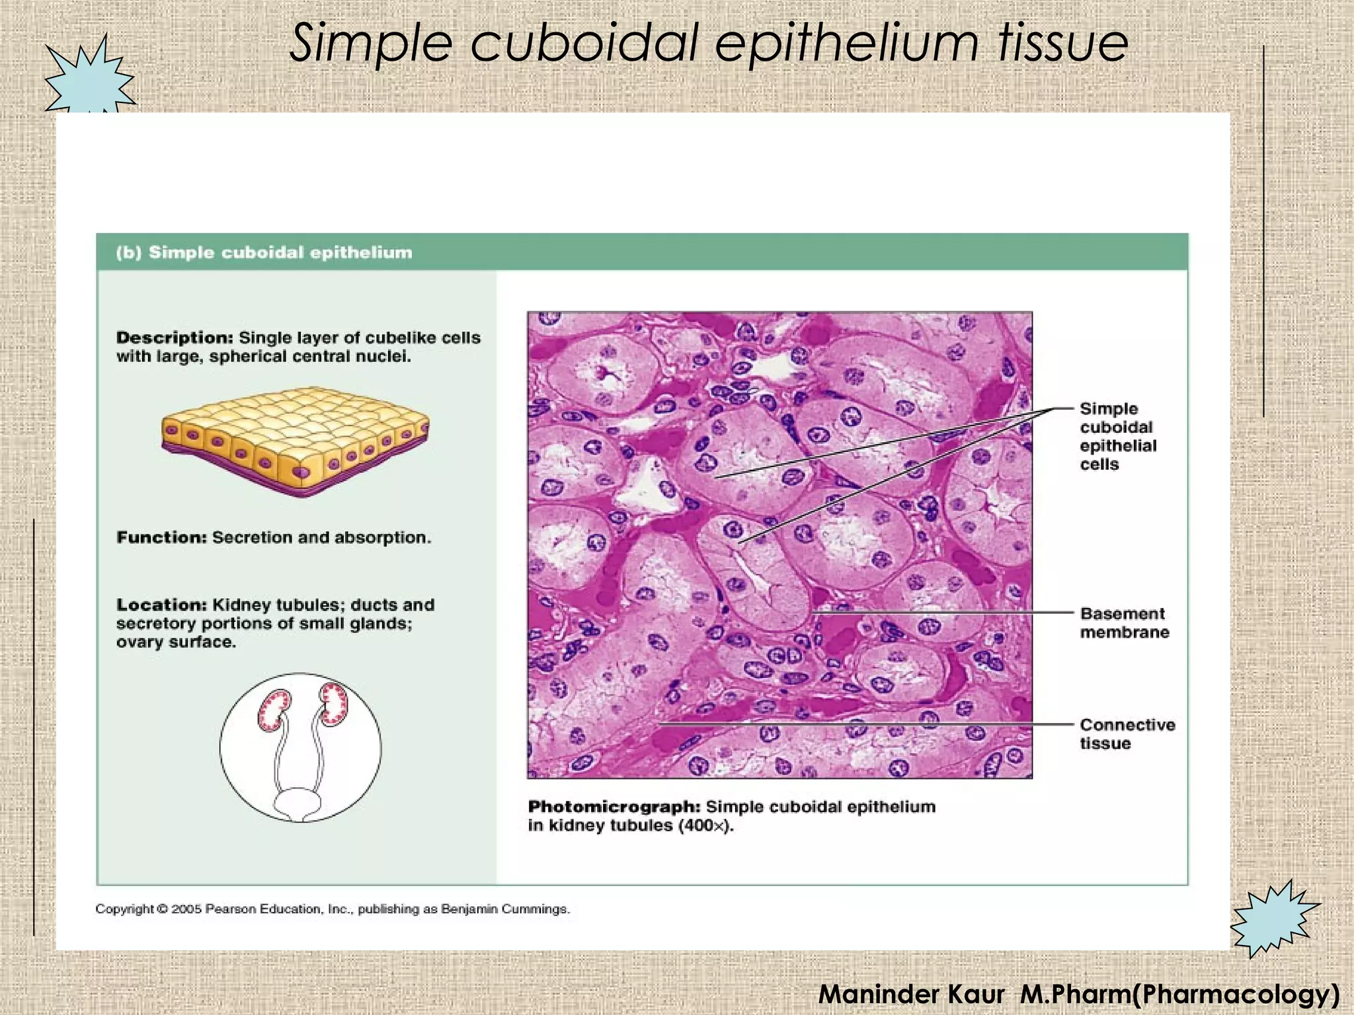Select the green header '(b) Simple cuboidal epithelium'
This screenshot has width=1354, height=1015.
pyautogui.click(x=264, y=252)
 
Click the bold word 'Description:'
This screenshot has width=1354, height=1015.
pyautogui.click(x=175, y=338)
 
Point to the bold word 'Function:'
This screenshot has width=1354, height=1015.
pyautogui.click(x=162, y=537)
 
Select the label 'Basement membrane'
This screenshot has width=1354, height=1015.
pyautogui.click(x=1124, y=622)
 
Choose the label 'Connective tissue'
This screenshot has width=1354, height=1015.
pyautogui.click(x=1127, y=733)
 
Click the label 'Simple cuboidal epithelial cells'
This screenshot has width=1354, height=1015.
pyautogui.click(x=1117, y=436)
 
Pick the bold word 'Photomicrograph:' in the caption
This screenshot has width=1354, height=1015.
pyautogui.click(x=614, y=807)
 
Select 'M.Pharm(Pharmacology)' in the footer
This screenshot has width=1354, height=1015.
pyautogui.click(x=1179, y=993)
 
